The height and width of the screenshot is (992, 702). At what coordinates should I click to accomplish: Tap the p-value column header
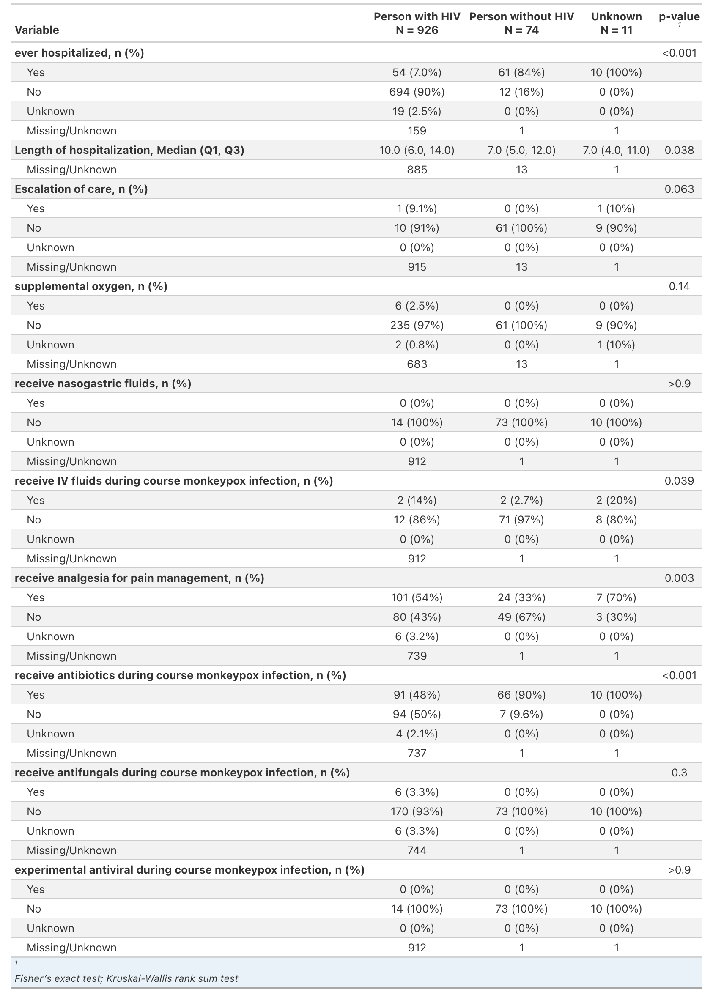679,17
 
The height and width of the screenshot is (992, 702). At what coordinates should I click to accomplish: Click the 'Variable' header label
37,30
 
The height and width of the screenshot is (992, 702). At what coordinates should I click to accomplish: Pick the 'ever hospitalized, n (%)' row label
79,53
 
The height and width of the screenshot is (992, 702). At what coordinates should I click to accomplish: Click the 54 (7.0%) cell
417,72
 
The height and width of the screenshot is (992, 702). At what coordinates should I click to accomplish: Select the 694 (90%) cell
417,92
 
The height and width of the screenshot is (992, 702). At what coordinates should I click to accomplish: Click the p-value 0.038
679,150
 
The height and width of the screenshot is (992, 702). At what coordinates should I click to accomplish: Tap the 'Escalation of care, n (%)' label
81,189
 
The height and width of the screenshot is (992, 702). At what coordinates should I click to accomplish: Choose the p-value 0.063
679,189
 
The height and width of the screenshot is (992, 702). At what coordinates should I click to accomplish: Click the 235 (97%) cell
417,325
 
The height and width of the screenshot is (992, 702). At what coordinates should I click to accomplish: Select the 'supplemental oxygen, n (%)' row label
91,286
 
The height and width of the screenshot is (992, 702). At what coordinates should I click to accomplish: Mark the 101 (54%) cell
417,597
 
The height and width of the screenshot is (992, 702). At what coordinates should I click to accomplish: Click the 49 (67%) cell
521,617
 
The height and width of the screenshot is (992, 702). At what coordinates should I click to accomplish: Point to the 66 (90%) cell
521,695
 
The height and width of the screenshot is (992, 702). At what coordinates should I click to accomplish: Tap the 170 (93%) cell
417,811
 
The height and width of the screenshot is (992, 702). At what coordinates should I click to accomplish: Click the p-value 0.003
679,578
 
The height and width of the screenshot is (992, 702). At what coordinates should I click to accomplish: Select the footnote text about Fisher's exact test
126,978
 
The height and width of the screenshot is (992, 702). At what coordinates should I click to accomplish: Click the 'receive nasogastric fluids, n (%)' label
103,384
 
